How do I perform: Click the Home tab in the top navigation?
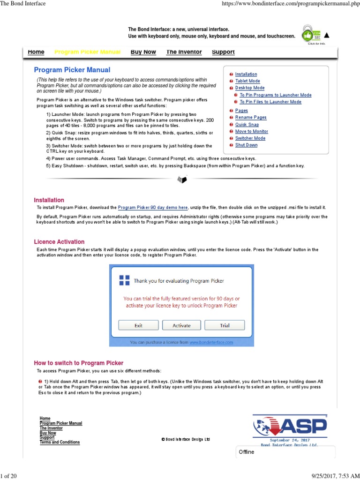click(x=36, y=52)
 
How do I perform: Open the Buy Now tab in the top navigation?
click(x=143, y=52)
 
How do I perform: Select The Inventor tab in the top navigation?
click(x=184, y=52)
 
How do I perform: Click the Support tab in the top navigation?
click(x=223, y=52)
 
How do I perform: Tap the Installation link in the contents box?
click(x=246, y=74)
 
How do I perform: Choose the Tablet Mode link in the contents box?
click(x=247, y=81)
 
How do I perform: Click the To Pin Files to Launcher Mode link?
click(x=270, y=102)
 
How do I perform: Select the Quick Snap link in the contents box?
click(x=247, y=125)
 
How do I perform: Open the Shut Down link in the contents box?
click(x=246, y=145)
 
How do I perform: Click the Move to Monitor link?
click(x=251, y=132)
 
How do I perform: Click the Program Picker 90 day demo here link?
click(x=153, y=207)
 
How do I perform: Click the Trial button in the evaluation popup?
click(x=225, y=325)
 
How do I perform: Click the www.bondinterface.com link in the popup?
click(x=211, y=343)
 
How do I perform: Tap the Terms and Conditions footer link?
click(x=60, y=442)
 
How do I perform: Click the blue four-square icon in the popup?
click(x=124, y=280)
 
